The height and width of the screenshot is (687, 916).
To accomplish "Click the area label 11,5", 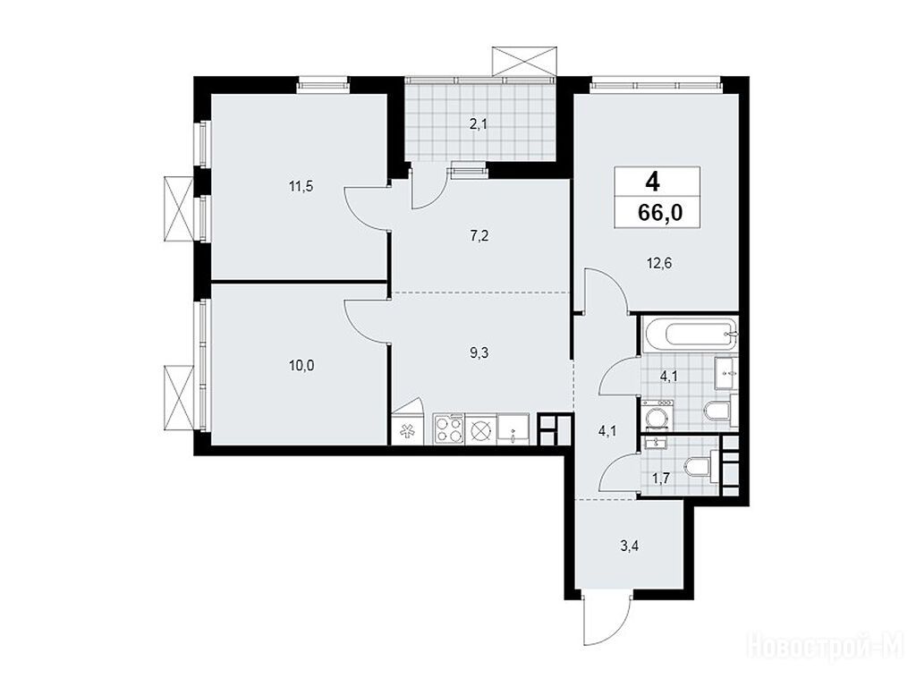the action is coord(301,187).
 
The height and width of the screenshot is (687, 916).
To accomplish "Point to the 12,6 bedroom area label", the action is coord(659,264).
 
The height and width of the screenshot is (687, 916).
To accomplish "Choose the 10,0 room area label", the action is coord(301,366).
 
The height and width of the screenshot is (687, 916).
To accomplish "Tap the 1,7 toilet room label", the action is coord(661,479).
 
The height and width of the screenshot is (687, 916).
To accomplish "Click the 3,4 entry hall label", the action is coord(629,547).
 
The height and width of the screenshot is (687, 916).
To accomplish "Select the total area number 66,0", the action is coord(660,213).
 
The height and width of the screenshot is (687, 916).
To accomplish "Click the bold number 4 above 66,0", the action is coord(652,182).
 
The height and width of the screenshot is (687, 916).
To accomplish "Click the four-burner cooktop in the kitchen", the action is coord(449,429).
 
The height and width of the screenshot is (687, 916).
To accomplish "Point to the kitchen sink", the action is coord(513,429).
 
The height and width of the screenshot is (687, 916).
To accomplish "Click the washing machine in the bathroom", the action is coord(657,416).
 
